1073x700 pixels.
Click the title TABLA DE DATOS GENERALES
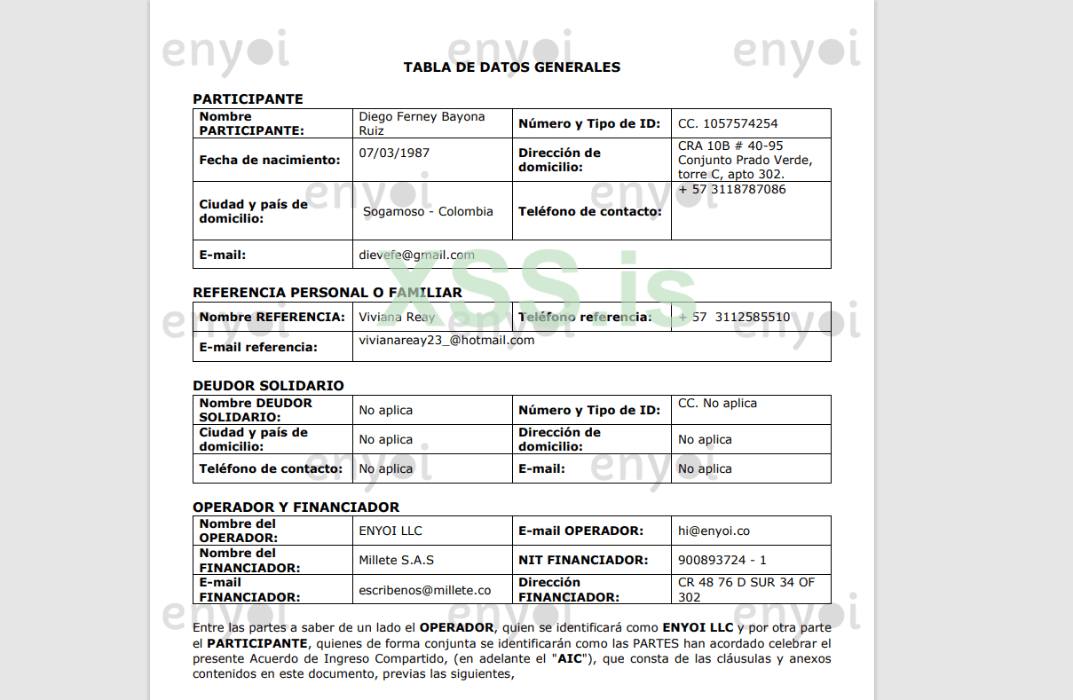[x=511, y=67]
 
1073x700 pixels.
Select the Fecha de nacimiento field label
[x=269, y=161]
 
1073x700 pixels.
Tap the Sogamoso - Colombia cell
[x=428, y=212]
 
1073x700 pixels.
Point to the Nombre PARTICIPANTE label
[x=251, y=123]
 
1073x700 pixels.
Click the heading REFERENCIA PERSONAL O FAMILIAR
[x=327, y=293]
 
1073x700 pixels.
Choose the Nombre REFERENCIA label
[x=272, y=317]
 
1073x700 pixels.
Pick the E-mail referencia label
[x=258, y=347]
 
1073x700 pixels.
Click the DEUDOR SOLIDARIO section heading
[x=268, y=386]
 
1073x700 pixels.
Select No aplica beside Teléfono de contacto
[x=385, y=468]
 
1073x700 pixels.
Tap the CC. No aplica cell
[x=717, y=404]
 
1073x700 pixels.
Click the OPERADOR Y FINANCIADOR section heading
[x=296, y=507]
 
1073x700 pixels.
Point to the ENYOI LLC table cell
[x=391, y=531]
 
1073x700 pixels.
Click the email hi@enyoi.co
[x=714, y=531]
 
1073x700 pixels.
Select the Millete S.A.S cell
[x=396, y=561]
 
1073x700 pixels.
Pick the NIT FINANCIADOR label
[x=582, y=561]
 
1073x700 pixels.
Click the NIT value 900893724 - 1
[x=722, y=561]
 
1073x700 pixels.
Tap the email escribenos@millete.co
[x=424, y=590]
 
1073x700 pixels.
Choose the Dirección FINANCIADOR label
[x=568, y=590]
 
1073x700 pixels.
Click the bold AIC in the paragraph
[x=569, y=659]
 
